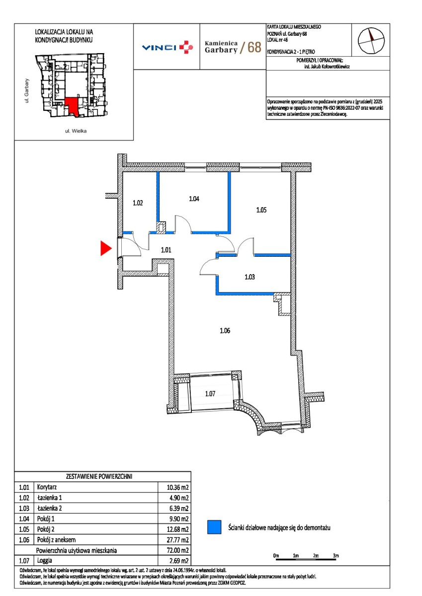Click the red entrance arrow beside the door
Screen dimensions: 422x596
(x=105, y=248)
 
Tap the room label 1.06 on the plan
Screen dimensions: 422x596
(x=225, y=331)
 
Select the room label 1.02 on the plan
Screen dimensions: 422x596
(x=138, y=203)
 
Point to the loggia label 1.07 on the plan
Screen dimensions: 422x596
(x=210, y=393)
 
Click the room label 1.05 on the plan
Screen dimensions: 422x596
(x=261, y=210)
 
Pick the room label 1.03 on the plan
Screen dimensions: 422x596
(x=250, y=277)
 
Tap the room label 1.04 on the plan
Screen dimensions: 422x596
(x=194, y=199)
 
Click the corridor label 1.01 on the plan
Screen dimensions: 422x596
(x=166, y=250)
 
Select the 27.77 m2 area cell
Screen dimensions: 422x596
(x=177, y=540)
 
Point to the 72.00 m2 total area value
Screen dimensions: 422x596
(x=177, y=550)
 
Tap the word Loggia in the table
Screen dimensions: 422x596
(x=44, y=561)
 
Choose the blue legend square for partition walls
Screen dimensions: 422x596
(x=214, y=527)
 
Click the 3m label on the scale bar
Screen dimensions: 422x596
(x=336, y=556)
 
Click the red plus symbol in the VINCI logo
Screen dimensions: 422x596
(x=186, y=47)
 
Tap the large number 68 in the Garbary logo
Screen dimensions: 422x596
(x=254, y=47)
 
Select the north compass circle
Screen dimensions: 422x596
(x=371, y=41)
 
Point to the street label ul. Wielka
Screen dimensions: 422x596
(x=76, y=131)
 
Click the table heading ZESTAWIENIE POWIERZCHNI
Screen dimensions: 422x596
(x=99, y=476)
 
